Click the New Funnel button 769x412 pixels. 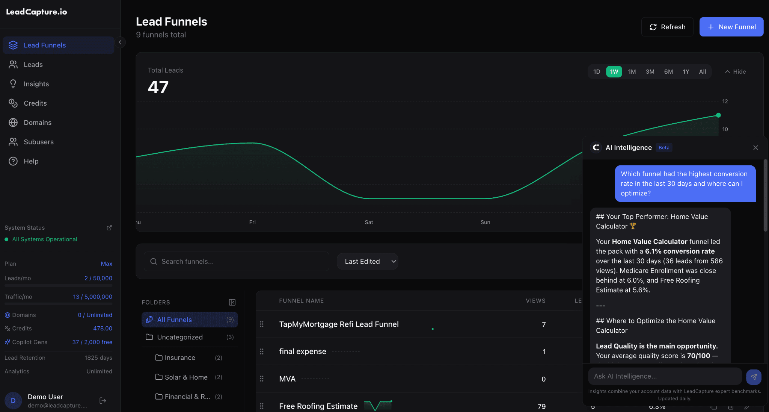click(x=731, y=27)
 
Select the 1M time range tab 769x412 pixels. click(x=632, y=72)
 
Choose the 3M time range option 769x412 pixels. click(x=650, y=72)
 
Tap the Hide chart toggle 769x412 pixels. click(x=735, y=72)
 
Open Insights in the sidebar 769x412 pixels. click(x=36, y=84)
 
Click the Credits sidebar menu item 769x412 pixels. click(x=35, y=103)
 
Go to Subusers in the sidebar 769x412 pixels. click(x=38, y=142)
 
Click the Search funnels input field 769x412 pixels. click(x=240, y=262)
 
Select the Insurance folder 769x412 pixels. click(x=180, y=358)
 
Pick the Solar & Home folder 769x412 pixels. click(x=186, y=377)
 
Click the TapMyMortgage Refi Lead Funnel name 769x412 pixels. click(x=339, y=324)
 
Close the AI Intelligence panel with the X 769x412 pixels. click(x=755, y=148)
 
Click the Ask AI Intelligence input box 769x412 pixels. click(x=665, y=376)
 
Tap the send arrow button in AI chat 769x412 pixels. click(x=754, y=377)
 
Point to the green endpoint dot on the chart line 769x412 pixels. click(x=718, y=115)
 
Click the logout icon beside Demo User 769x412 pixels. click(x=103, y=401)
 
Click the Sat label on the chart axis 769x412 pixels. click(x=369, y=223)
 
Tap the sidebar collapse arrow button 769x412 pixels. click(x=120, y=42)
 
